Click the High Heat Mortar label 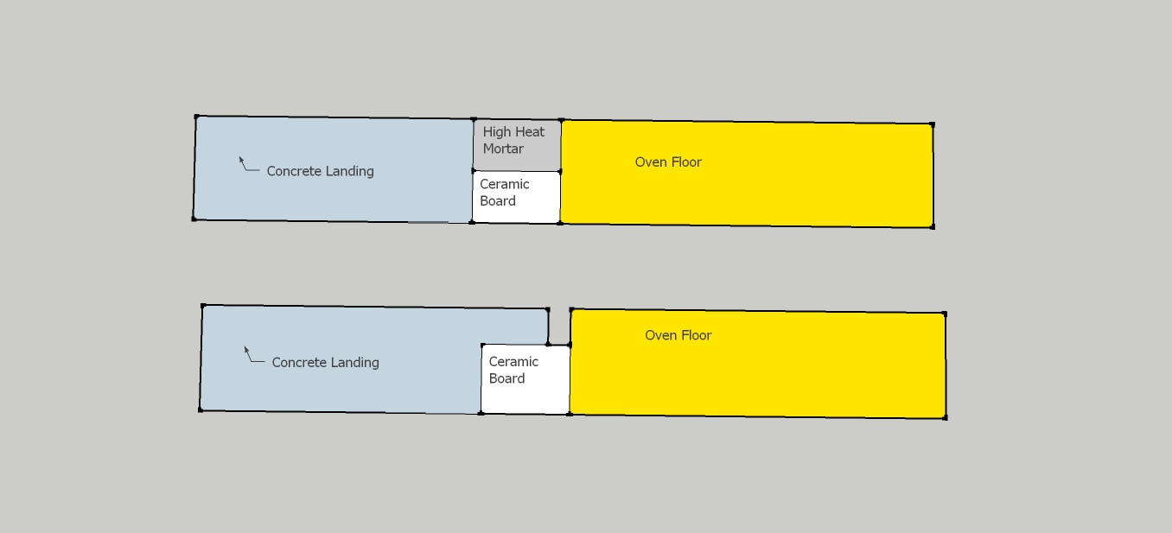point(513,140)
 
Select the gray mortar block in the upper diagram point(517,145)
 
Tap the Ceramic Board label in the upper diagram point(505,193)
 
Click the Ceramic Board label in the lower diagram point(513,370)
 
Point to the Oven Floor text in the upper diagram point(668,162)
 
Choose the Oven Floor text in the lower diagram point(678,335)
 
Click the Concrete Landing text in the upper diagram point(320,171)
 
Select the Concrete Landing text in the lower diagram point(326,363)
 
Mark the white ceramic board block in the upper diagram point(516,197)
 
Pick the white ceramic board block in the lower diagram point(525,379)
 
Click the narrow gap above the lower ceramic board point(559,327)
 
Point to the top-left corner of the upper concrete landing point(196,116)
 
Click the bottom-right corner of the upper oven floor point(933,227)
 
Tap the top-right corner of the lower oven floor point(945,314)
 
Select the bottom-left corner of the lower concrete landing point(201,410)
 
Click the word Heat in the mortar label point(529,132)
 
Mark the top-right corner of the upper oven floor point(932,124)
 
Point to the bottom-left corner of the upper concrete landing point(194,219)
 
